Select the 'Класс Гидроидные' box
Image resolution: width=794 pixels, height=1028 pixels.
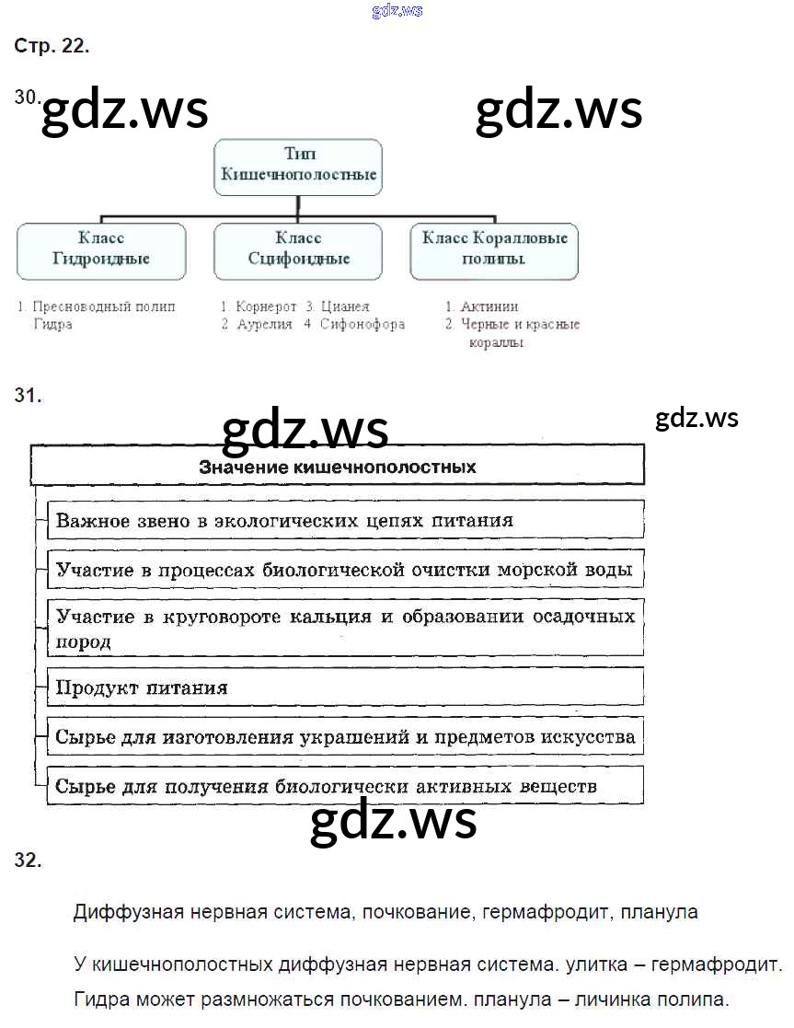point(101,249)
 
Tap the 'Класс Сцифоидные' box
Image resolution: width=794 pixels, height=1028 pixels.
point(299,249)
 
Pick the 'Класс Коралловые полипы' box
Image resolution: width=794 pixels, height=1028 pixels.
point(494,249)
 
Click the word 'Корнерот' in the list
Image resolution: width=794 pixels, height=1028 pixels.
point(266,306)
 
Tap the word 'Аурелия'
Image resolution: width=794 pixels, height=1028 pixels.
point(264,324)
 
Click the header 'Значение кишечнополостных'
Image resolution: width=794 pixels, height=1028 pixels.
point(338,467)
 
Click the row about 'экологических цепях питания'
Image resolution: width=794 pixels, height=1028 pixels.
point(345,520)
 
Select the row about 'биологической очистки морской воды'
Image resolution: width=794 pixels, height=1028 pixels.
point(345,570)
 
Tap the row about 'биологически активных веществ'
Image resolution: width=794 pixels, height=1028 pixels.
point(345,787)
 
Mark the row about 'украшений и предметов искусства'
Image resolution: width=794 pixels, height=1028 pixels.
point(345,737)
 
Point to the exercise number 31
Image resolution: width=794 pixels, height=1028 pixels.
point(28,397)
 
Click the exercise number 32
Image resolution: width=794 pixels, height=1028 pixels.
point(28,861)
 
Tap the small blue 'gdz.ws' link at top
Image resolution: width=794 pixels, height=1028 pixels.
point(397,11)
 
